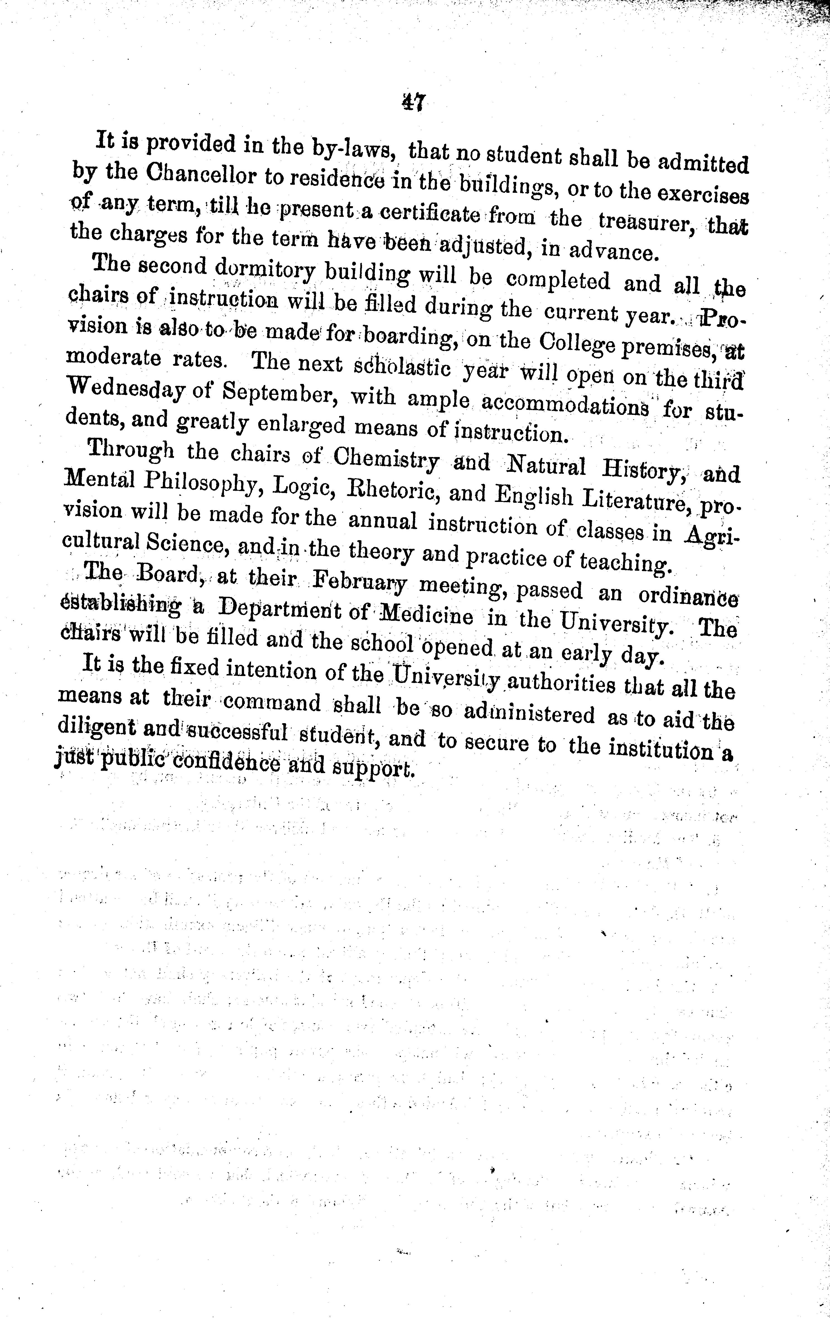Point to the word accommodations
(x=566, y=407)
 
